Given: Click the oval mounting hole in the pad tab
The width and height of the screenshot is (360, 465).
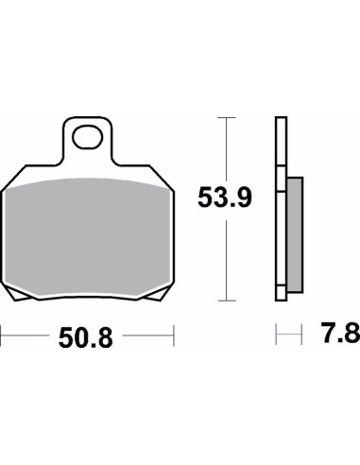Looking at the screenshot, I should [x=90, y=136].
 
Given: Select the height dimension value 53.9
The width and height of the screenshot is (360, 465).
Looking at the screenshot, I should [x=223, y=198].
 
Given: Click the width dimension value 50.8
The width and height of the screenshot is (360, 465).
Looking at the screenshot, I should [x=87, y=336].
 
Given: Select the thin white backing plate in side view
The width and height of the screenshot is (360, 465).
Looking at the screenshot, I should [x=280, y=208].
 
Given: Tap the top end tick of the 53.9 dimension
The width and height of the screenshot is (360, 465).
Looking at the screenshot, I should [x=223, y=117].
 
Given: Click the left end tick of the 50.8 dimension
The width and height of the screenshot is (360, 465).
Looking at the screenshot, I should [x=2, y=335].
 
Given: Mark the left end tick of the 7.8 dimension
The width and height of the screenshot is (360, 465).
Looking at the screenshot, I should [x=276, y=335].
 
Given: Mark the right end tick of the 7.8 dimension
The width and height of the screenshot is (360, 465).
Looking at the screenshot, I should [x=302, y=335].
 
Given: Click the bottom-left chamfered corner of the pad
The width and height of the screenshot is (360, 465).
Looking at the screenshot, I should [x=11, y=293].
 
